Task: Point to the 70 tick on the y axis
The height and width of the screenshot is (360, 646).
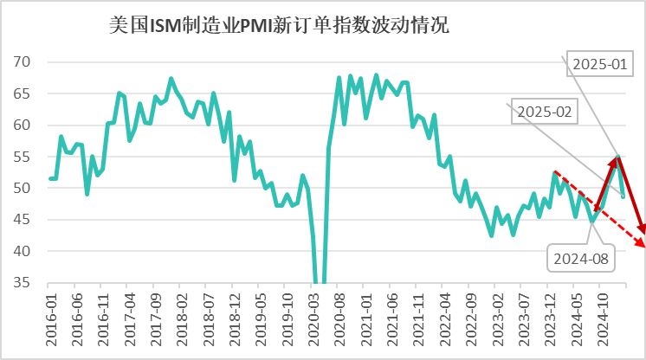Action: [x=23, y=62]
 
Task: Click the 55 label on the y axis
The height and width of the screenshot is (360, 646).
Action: [x=23, y=157]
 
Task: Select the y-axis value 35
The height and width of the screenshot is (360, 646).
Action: [x=23, y=283]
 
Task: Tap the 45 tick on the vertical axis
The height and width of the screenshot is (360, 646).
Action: [x=23, y=220]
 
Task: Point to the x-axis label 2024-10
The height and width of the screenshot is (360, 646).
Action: [x=603, y=321]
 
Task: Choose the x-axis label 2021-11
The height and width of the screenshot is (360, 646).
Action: [x=419, y=321]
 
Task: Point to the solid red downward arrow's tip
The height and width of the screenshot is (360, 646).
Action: [x=643, y=233]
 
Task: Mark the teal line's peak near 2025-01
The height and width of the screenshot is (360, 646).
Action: [x=617, y=157]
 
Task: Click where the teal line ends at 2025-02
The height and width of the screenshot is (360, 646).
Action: [x=623, y=196]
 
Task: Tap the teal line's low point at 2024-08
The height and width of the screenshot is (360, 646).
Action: [x=593, y=221]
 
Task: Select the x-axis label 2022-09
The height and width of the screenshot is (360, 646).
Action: [x=470, y=321]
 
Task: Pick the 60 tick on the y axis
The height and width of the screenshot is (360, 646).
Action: [x=23, y=125]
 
